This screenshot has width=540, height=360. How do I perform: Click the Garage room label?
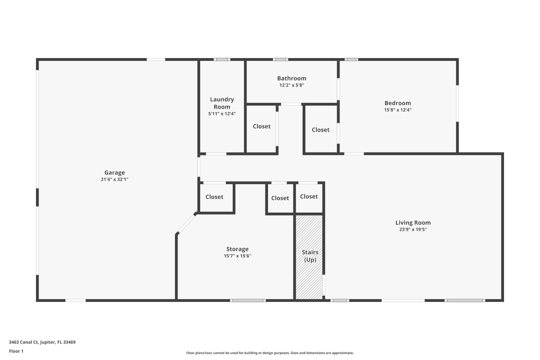(x=114, y=172)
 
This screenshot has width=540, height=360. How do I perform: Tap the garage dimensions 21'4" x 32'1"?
(x=114, y=179)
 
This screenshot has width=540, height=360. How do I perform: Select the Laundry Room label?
(x=222, y=103)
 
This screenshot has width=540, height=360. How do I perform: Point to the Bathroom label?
(x=291, y=78)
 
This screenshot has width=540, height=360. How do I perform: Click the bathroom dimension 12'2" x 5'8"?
(x=291, y=85)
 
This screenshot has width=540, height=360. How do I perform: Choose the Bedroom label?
(x=397, y=103)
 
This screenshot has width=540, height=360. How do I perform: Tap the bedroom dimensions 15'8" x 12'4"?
(x=397, y=110)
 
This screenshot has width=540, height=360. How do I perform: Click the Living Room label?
(x=412, y=222)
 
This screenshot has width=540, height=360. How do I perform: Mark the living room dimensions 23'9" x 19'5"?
(x=412, y=230)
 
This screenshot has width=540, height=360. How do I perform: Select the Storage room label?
(x=237, y=249)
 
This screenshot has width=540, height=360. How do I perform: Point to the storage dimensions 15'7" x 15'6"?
(x=237, y=256)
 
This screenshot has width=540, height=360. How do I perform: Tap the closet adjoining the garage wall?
(x=214, y=197)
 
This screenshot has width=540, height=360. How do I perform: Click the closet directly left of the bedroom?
(x=320, y=130)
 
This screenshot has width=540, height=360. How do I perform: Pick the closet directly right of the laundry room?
(x=261, y=126)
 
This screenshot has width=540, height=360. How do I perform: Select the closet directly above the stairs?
(x=308, y=196)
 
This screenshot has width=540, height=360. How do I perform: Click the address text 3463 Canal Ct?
(x=42, y=342)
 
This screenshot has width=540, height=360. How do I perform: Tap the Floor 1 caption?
(x=16, y=351)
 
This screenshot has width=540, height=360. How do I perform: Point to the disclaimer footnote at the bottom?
(x=269, y=353)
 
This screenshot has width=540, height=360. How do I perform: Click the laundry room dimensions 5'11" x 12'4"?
(x=222, y=114)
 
